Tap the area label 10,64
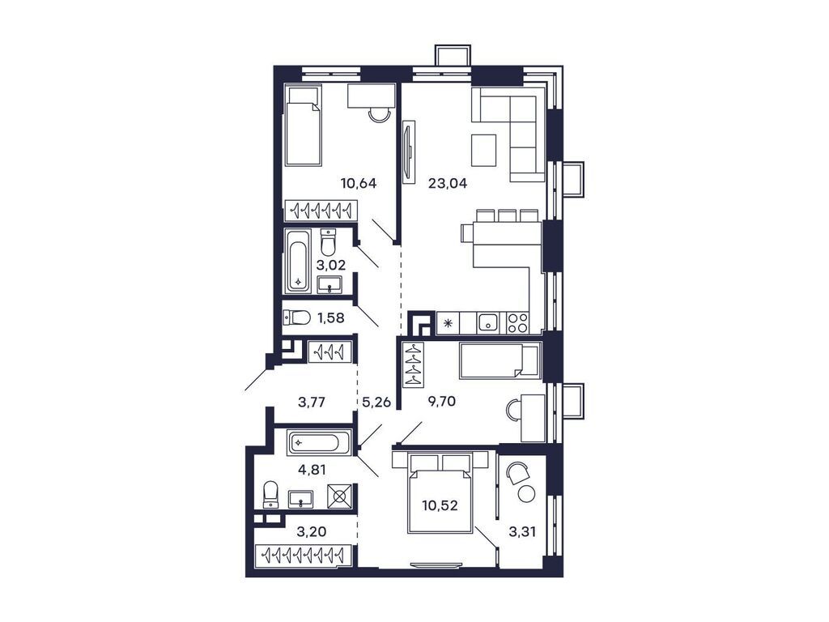pyautogui.click(x=359, y=183)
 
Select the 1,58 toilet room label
pyautogui.click(x=330, y=317)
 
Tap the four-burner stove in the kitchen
pyautogui.click(x=517, y=323)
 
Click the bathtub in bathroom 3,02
pyautogui.click(x=298, y=262)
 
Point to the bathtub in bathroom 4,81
pyautogui.click(x=318, y=443)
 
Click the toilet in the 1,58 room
pyautogui.click(x=292, y=317)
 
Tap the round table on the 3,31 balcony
pyautogui.click(x=527, y=493)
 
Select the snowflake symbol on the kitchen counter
pyautogui.click(x=448, y=323)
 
